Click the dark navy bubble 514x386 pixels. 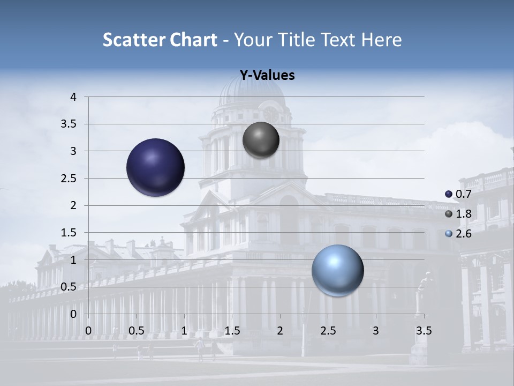pos(156,167)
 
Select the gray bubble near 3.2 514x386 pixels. pos(261,140)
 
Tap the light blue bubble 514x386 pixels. pos(337,271)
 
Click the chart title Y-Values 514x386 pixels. pos(267,76)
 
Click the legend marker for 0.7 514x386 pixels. pos(449,194)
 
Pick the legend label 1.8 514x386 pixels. pos(463,214)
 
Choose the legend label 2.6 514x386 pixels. pos(463,234)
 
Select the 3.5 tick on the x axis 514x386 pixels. pos(424,331)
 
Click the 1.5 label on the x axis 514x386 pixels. pos(232,331)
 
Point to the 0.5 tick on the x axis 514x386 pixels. pos(137,331)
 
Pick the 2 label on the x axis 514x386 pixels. pos(280,331)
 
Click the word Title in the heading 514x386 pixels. pos(299,40)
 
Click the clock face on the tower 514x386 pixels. pos(270,113)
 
